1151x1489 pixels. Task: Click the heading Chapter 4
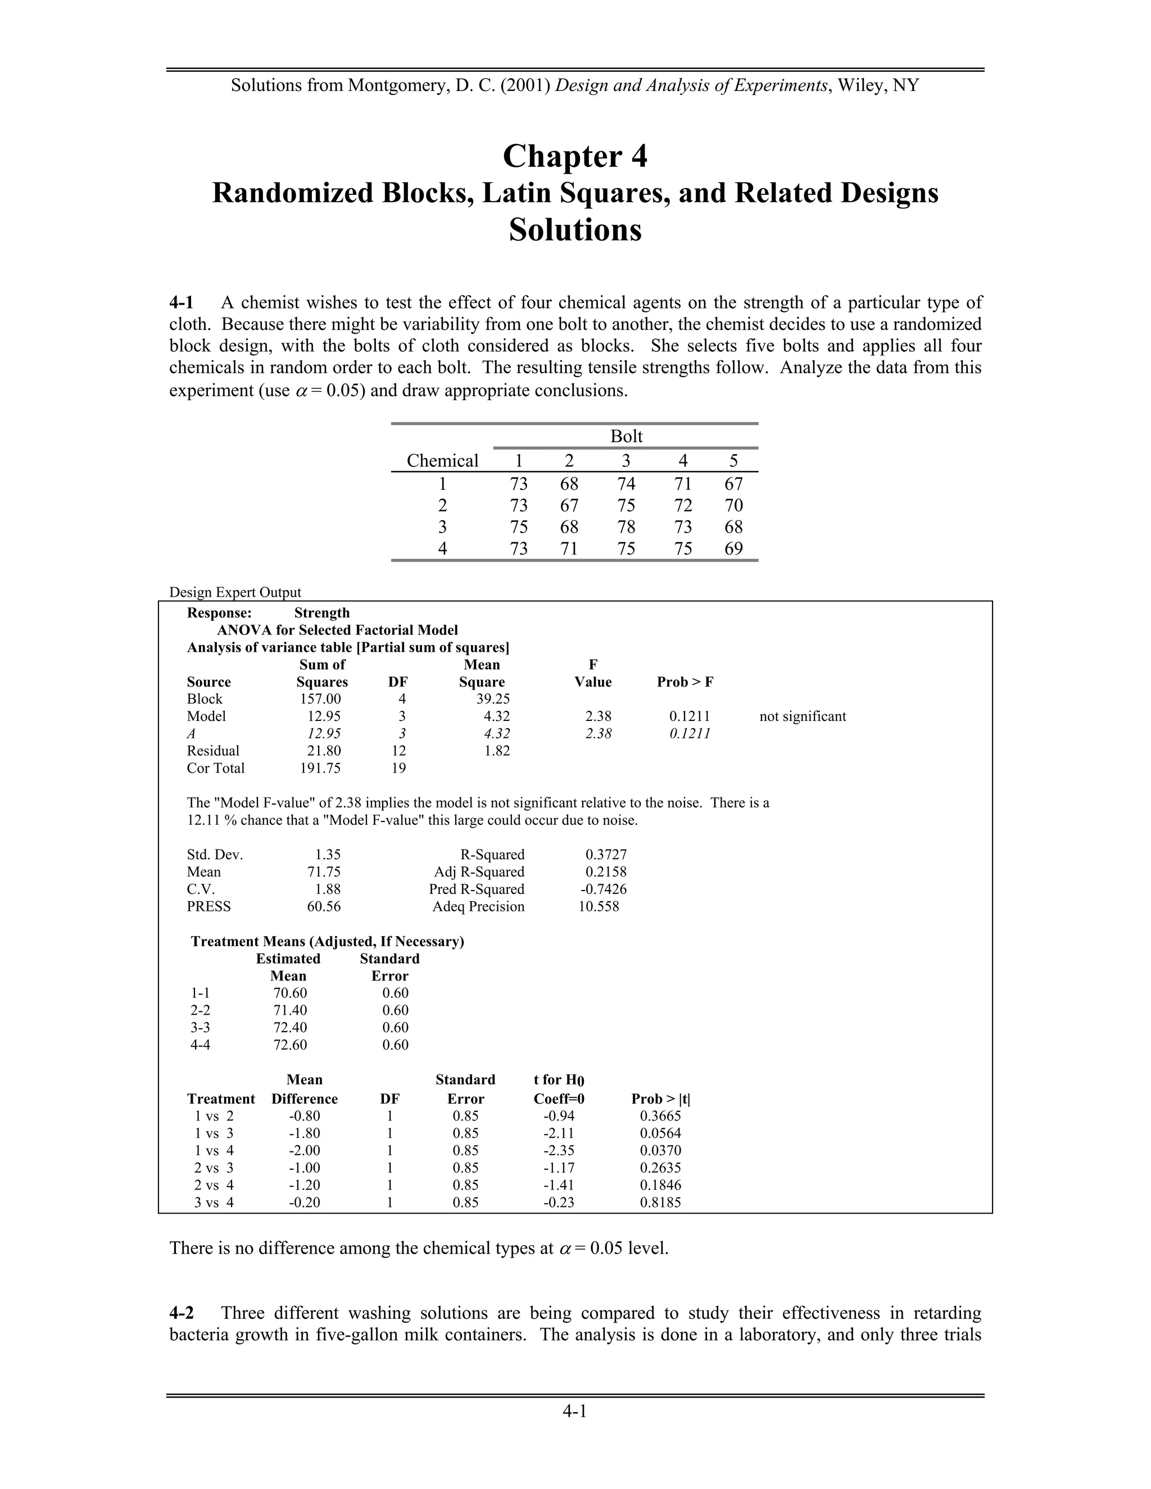[575, 157]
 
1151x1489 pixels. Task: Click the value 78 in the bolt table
[626, 527]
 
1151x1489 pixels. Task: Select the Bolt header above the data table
[626, 437]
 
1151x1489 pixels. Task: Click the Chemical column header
[442, 461]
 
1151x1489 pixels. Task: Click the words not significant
[803, 716]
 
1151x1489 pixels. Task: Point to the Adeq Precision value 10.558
[599, 906]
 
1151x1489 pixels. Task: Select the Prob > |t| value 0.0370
[660, 1150]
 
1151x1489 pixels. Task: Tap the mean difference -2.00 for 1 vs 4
[304, 1150]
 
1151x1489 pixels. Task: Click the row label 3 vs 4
[214, 1202]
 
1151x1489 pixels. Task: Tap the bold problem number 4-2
[182, 1313]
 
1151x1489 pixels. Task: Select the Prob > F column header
[685, 682]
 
